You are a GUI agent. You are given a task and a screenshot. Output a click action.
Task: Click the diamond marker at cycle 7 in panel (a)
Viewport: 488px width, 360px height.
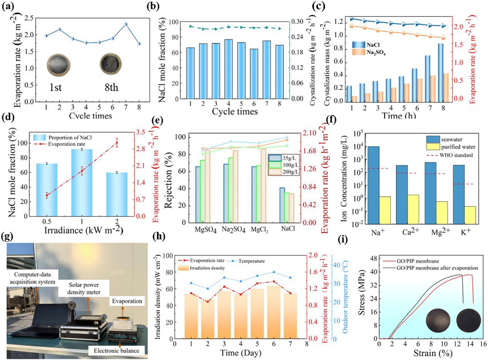(115, 24)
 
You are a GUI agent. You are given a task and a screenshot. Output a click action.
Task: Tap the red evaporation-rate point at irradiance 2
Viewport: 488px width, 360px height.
(117, 143)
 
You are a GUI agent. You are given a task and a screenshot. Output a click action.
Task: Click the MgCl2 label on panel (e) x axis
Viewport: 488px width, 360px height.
(259, 229)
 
